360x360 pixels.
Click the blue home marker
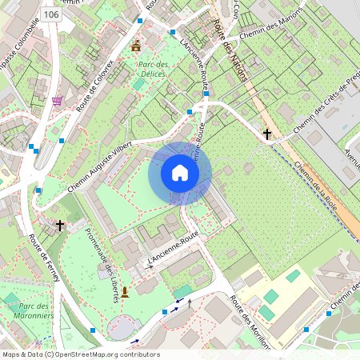(180, 173)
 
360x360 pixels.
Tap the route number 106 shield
(51, 14)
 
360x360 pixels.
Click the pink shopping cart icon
(57, 101)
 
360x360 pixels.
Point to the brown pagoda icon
(135, 45)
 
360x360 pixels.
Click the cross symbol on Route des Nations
(267, 134)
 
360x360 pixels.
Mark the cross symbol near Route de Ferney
(60, 226)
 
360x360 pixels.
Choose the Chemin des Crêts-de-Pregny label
(324, 104)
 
